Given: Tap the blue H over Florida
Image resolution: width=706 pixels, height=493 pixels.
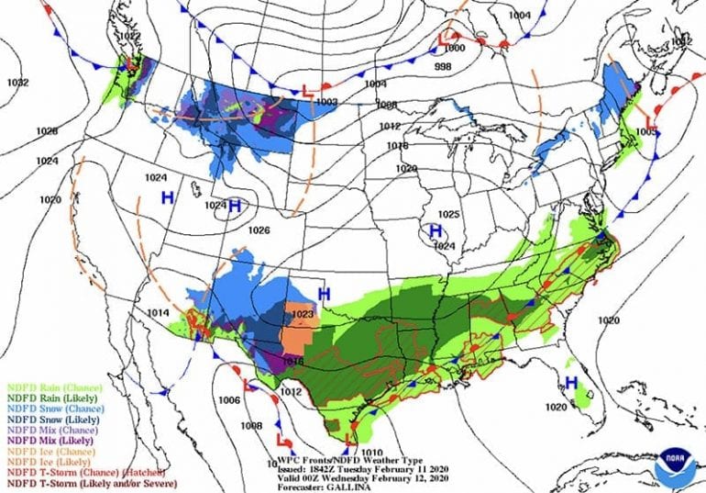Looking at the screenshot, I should tap(570, 382).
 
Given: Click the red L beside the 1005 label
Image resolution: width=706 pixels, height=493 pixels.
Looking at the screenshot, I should tap(648, 118).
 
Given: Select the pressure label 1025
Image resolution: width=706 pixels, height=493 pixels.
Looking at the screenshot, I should tap(447, 214).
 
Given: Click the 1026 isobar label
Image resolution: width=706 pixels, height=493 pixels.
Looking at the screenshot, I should tap(259, 230).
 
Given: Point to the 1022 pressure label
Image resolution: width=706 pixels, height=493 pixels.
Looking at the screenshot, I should tap(130, 37).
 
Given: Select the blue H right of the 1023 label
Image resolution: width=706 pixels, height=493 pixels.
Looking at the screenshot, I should tap(324, 293).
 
